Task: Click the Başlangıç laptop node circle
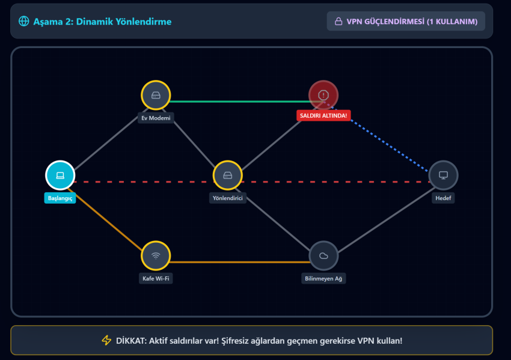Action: pos(60,175)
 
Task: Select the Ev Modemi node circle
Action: pos(156,95)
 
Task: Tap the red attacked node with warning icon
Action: pos(323,95)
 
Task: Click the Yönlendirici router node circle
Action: pos(227,175)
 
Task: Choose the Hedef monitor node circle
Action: pos(444,175)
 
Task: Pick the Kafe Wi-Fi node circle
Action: pos(156,255)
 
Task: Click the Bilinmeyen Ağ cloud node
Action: pos(323,255)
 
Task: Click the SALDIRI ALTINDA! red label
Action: pos(323,115)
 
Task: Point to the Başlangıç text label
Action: pos(60,198)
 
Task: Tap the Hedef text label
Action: pos(444,198)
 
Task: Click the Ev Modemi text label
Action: pos(156,118)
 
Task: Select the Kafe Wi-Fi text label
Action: pos(156,279)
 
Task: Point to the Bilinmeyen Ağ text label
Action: pos(323,279)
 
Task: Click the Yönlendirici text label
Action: pos(227,198)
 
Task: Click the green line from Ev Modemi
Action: pos(240,102)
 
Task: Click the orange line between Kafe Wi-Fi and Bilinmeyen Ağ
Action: pos(240,262)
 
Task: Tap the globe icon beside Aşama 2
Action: pos(24,21)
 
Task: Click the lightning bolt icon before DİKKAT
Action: pos(106,340)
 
